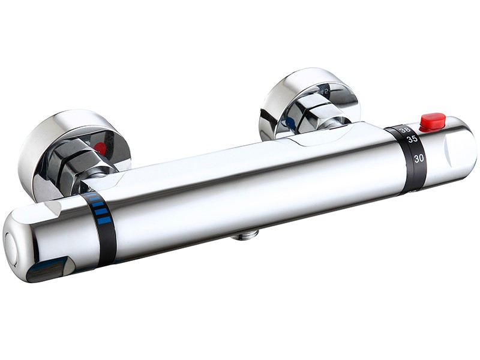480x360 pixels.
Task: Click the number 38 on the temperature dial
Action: coord(406,129)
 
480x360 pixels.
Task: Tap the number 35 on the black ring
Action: coord(413,139)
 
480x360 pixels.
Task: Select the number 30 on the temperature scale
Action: coord(418,158)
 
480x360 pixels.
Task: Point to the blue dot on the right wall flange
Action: coord(290,123)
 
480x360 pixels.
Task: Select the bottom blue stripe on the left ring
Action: coord(103,220)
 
